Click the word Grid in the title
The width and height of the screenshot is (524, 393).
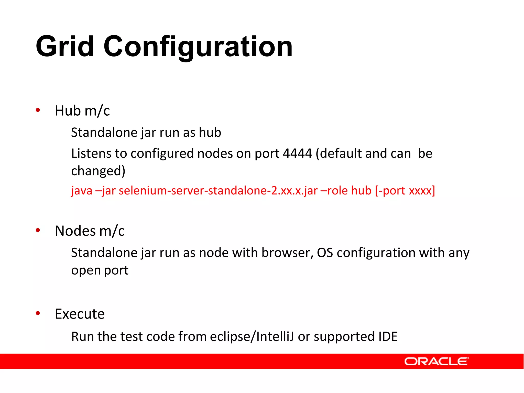point(65,47)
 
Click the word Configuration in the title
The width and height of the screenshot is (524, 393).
point(198,47)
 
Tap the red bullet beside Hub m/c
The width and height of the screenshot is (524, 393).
point(38,110)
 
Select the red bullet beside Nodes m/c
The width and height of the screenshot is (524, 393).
point(38,230)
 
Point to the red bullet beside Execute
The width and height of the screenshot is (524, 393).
point(38,313)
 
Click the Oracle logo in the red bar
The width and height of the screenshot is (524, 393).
point(436,361)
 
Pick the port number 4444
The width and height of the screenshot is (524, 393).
point(298,154)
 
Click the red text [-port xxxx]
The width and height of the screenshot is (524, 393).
point(405,191)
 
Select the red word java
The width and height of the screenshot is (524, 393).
point(82,191)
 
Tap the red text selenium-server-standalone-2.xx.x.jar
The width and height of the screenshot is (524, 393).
point(218,191)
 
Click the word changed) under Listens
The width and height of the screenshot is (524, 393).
point(98,171)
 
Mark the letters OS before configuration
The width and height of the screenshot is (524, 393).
point(325,253)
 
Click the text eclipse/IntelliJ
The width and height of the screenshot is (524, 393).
point(252,336)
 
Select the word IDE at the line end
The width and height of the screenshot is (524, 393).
point(388,336)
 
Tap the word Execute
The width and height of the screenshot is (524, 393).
point(80,314)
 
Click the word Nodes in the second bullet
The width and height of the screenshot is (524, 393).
point(75,231)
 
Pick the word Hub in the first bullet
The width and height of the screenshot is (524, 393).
point(68,111)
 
